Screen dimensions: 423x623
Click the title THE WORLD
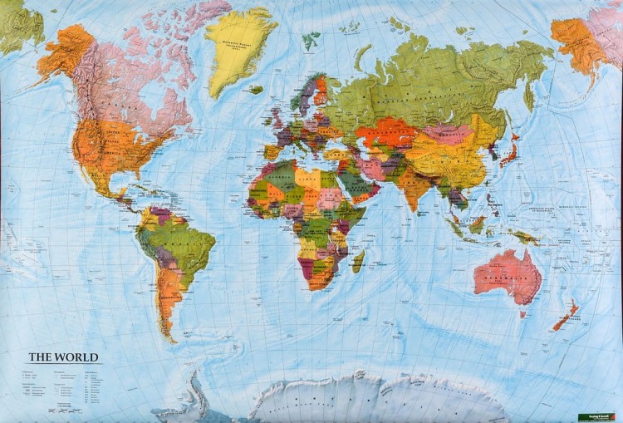(x=64, y=357)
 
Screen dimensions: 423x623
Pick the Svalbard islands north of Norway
(x=311, y=38)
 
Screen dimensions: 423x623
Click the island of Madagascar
(x=358, y=262)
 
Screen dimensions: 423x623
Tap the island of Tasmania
(x=523, y=313)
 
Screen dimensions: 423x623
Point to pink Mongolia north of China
(x=449, y=133)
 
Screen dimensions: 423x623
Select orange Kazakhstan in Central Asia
(x=384, y=130)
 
